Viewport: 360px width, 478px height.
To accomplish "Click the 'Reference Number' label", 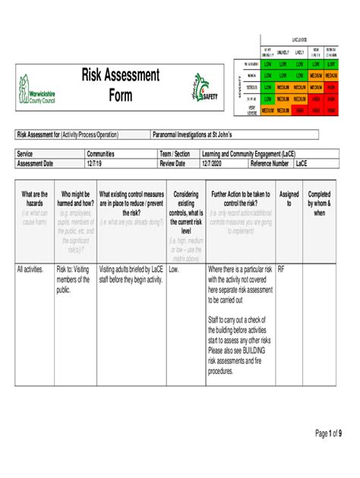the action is click(270, 163).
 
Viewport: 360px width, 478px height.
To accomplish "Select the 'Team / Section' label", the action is click(175, 154).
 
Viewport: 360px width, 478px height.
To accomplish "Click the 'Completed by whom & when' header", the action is click(319, 204).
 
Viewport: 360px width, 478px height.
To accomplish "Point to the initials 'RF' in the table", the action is click(282, 269).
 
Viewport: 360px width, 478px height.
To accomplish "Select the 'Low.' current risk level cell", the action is click(175, 269).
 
